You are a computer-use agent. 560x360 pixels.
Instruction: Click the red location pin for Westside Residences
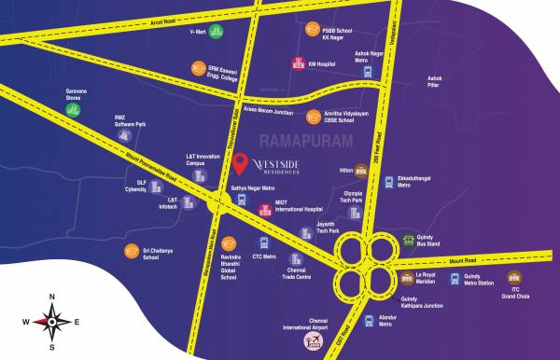pyautogui.click(x=241, y=164)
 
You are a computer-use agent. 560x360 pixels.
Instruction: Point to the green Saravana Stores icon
pyautogui.click(x=73, y=109)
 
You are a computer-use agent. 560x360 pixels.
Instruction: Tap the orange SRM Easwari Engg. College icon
pyautogui.click(x=198, y=67)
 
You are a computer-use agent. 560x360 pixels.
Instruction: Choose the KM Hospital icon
pyautogui.click(x=297, y=64)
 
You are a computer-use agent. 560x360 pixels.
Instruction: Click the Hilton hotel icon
pyautogui.click(x=361, y=171)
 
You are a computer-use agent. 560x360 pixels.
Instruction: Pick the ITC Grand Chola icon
pyautogui.click(x=513, y=277)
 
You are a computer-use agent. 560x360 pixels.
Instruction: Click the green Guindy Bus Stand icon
pyautogui.click(x=409, y=242)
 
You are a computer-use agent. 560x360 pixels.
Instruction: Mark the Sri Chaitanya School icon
pyautogui.click(x=132, y=252)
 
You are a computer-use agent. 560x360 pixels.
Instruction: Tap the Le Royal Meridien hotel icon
pyautogui.click(x=407, y=278)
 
